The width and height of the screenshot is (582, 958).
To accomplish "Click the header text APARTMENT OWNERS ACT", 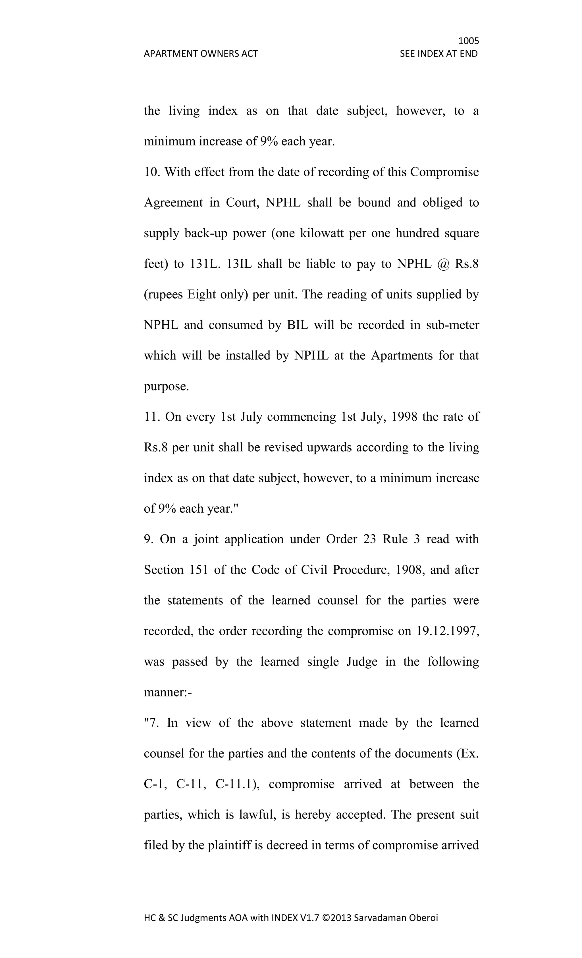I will point(201,54).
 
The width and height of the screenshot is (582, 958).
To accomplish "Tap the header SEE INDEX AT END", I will point(438,54).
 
